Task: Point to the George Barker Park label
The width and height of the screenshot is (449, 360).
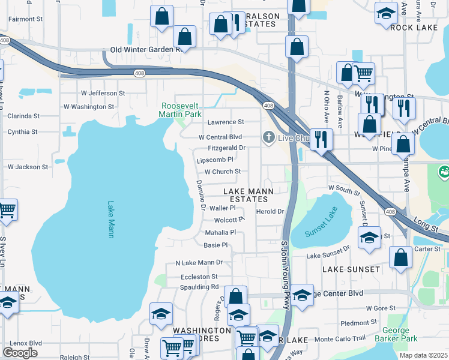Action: tap(400, 335)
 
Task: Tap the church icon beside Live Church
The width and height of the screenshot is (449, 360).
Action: tap(269, 138)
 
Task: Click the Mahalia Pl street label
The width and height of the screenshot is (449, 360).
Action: tap(221, 232)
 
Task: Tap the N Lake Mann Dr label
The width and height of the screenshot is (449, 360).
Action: tap(199, 263)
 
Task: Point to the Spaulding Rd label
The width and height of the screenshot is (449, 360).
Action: tap(200, 287)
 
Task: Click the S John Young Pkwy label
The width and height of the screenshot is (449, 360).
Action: tap(285, 276)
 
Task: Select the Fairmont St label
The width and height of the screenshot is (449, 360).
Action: tap(25, 19)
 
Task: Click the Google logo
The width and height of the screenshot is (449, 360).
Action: tap(20, 352)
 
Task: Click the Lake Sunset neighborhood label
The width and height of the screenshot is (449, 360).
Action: tap(351, 269)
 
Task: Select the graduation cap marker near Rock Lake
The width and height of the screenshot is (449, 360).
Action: tap(385, 13)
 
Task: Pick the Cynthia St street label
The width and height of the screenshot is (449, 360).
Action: tap(22, 131)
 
